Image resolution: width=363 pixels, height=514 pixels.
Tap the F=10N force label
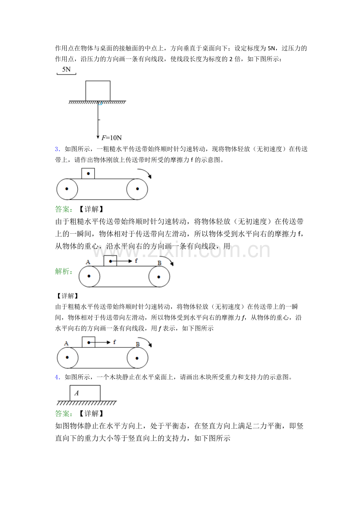[x=112, y=138]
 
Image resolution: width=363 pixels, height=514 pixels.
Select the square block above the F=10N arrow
[x=98, y=90]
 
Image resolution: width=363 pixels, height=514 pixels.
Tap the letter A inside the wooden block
[x=77, y=393]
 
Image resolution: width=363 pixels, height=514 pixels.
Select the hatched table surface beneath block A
[x=86, y=403]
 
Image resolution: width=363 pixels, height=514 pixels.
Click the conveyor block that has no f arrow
[x=88, y=173]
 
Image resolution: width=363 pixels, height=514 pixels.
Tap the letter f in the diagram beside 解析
[x=136, y=261]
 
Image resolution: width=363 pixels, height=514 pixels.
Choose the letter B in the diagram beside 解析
[x=159, y=263]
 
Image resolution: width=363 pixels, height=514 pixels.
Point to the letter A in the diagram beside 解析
[x=88, y=262]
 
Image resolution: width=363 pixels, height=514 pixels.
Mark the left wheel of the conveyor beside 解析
[x=90, y=276]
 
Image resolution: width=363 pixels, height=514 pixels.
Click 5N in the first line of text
[x=272, y=49]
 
